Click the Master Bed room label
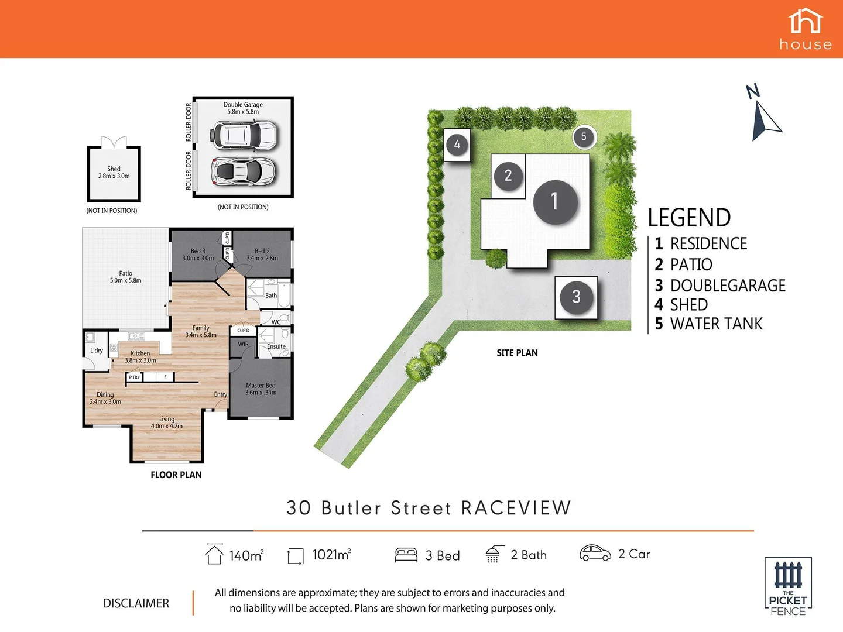(x=261, y=389)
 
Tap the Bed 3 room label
(x=198, y=255)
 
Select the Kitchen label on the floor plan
(x=140, y=356)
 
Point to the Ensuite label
(x=276, y=346)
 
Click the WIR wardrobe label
(x=243, y=344)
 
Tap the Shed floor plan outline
(x=114, y=173)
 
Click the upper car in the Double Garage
(x=244, y=135)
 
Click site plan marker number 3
(x=576, y=297)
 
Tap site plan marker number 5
(x=584, y=137)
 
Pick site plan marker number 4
(x=457, y=144)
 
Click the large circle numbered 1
(x=555, y=202)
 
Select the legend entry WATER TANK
(x=716, y=324)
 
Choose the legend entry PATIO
(x=691, y=265)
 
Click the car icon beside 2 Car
(x=595, y=553)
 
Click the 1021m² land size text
(x=331, y=555)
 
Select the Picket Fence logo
(x=788, y=586)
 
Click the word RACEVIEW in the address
(x=516, y=508)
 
